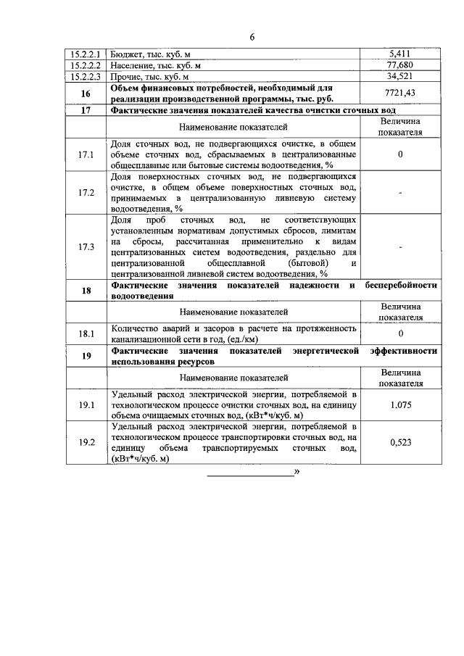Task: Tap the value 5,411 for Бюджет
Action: click(x=400, y=53)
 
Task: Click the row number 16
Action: click(x=86, y=93)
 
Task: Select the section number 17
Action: click(x=86, y=110)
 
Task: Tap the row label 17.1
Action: click(x=86, y=154)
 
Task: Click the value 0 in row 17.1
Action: click(x=400, y=154)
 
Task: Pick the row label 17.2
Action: click(x=86, y=192)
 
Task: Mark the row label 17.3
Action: click(x=86, y=246)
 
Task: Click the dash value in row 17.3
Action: click(x=400, y=246)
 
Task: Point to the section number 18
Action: click(x=86, y=291)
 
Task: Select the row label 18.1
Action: click(x=86, y=333)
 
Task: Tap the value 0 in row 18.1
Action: click(x=400, y=333)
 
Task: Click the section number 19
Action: click(x=86, y=355)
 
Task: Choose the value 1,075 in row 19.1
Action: click(x=400, y=404)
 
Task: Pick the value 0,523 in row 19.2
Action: click(x=400, y=442)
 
